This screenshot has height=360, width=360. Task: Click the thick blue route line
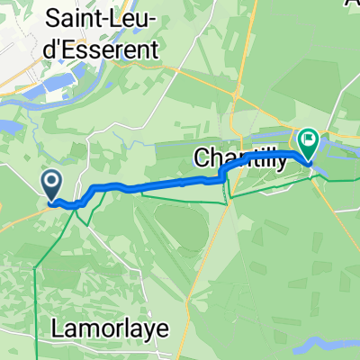click(162, 184)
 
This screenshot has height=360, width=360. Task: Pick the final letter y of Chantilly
click(280, 163)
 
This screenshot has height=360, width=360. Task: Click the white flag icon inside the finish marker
click(308, 140)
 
